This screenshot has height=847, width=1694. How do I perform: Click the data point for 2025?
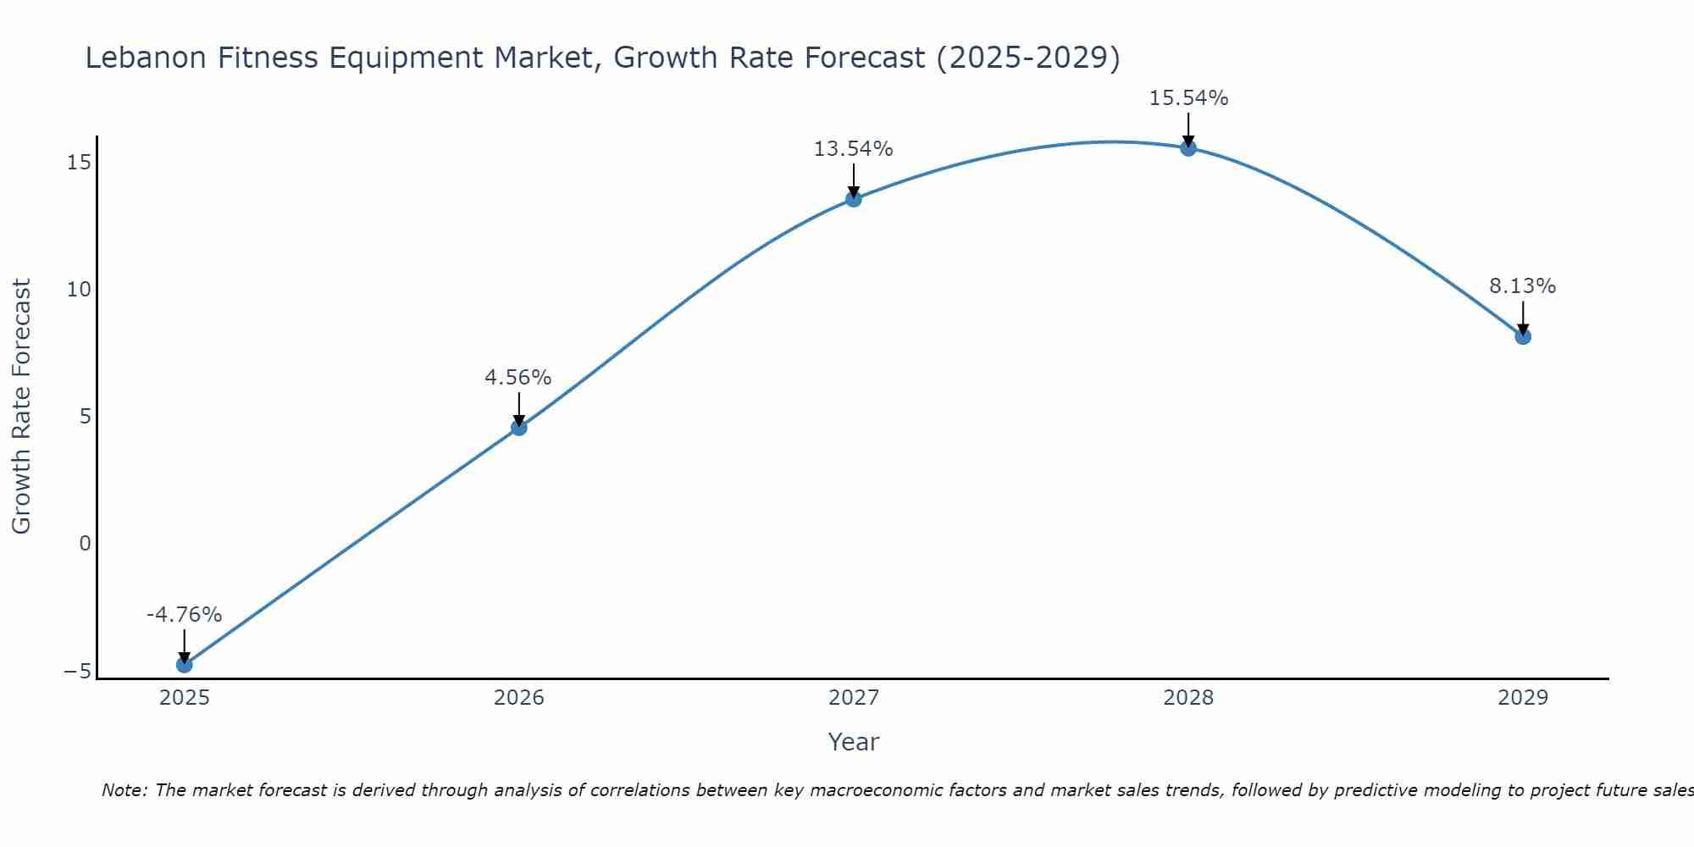(184, 665)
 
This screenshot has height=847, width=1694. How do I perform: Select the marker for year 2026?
(519, 428)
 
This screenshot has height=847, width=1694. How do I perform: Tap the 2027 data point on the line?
(854, 199)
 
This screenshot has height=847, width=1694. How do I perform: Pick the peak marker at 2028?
(1188, 148)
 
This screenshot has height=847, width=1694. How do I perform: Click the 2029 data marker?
(1523, 336)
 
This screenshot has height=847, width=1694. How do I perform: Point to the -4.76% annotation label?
(184, 615)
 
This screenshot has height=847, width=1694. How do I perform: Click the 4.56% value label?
(518, 378)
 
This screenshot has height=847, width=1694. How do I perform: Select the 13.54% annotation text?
(854, 149)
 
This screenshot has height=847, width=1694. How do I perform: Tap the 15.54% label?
(1188, 98)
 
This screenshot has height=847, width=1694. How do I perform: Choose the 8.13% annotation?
(1523, 286)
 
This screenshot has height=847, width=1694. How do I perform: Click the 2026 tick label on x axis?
(519, 698)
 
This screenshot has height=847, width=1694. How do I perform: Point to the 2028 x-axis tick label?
(1188, 698)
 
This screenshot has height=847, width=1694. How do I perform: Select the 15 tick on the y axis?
(79, 162)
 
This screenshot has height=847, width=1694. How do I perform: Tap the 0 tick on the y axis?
(85, 543)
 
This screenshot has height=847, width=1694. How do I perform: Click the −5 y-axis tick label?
(77, 671)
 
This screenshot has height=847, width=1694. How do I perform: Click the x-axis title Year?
(854, 742)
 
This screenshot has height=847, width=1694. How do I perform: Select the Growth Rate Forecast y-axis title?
(21, 407)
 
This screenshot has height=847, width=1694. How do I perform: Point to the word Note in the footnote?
(124, 790)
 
